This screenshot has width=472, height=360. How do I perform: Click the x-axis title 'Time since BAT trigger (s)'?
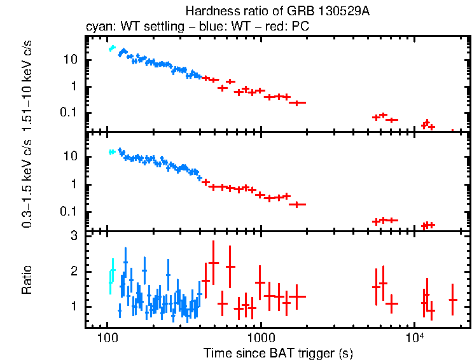(278, 352)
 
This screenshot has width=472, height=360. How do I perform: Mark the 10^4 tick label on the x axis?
(415, 335)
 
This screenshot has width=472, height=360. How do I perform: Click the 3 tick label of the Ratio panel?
(73, 236)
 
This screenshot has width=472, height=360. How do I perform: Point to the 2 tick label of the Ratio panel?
(73, 272)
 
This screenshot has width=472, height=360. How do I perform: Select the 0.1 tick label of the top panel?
(69, 113)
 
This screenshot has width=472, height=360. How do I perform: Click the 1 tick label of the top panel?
(74, 87)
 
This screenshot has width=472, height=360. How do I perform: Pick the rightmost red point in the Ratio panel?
(453, 300)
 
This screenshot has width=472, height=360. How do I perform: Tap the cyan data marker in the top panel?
(112, 48)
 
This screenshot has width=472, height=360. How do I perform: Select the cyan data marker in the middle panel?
(112, 152)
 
